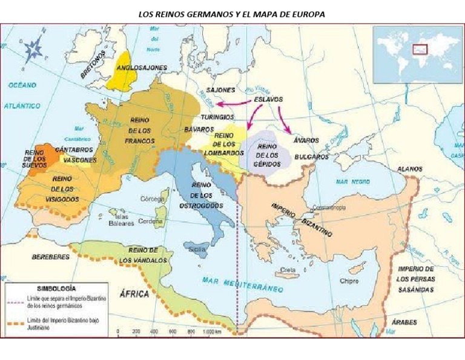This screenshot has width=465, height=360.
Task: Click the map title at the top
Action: (232, 14)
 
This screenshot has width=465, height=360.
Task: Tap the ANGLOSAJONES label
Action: (140, 68)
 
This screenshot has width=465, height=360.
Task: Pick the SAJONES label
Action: (220, 90)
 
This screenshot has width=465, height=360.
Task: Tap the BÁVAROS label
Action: (199, 130)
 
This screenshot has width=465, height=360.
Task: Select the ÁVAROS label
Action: (306, 140)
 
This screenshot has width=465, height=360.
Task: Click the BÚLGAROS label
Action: (311, 156)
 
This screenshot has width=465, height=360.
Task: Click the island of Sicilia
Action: (197, 248)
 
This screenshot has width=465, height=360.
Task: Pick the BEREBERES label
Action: (50, 256)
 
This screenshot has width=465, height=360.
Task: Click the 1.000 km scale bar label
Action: (209, 332)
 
